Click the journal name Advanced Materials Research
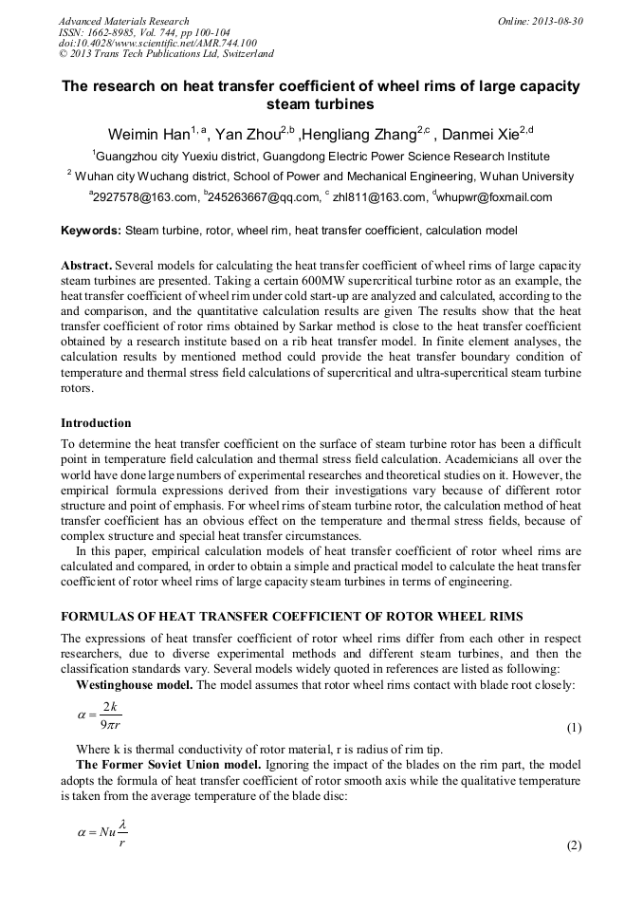(124, 21)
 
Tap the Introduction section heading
(96, 422)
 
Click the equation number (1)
(574, 728)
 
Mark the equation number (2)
(574, 845)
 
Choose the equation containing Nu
(103, 833)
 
